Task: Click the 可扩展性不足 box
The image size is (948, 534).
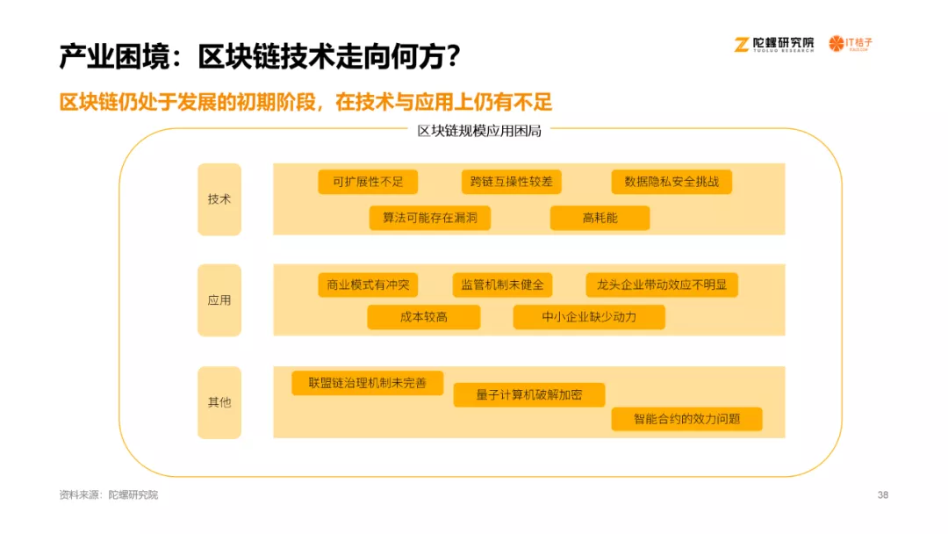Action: click(x=368, y=182)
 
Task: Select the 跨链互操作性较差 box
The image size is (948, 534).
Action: click(x=512, y=182)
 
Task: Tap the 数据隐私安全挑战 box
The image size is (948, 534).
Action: click(x=671, y=182)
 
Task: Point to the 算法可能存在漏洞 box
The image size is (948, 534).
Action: click(x=430, y=218)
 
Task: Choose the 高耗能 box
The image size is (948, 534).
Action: click(x=600, y=218)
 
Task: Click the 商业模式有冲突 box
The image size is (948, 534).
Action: click(x=368, y=285)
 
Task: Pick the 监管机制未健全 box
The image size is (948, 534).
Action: click(x=502, y=285)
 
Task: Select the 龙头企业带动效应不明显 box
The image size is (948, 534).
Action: click(x=662, y=285)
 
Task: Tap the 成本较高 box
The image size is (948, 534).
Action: click(x=424, y=317)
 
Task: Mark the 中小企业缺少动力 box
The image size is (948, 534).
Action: click(x=589, y=317)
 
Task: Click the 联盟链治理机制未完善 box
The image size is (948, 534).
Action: click(x=368, y=383)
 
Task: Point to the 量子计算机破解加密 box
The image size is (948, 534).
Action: click(x=529, y=395)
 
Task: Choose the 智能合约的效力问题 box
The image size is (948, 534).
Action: click(x=686, y=419)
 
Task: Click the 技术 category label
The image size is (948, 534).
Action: click(x=219, y=199)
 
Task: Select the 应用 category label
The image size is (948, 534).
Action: click(x=219, y=300)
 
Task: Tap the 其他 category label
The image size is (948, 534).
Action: click(x=219, y=402)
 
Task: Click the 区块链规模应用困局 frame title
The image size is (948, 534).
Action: click(x=479, y=131)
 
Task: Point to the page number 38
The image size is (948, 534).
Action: click(x=883, y=494)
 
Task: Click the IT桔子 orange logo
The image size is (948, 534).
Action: click(x=851, y=44)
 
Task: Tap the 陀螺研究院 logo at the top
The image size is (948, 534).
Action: click(x=774, y=44)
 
